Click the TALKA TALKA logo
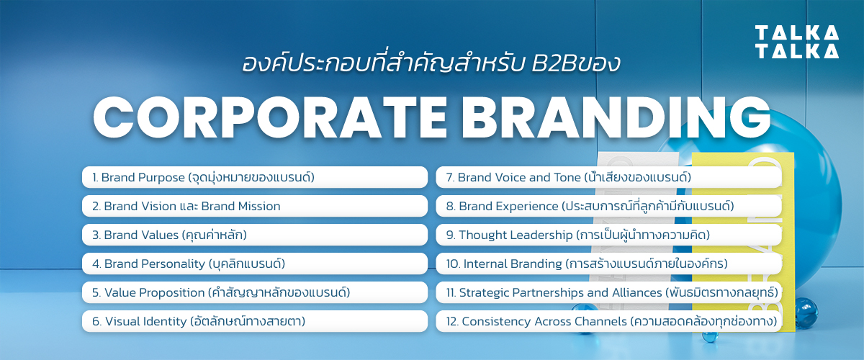[x=797, y=42]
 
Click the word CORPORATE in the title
[x=270, y=117]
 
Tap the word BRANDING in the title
[x=616, y=117]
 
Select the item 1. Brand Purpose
[x=255, y=177]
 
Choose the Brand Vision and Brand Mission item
[x=255, y=206]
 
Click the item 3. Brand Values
[x=255, y=235]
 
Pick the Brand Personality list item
[x=255, y=264]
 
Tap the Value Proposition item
[x=255, y=292]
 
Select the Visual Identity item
[x=255, y=321]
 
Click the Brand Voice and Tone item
[x=609, y=177]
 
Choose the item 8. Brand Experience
[x=609, y=206]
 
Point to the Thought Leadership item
[x=609, y=235]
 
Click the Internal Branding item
[x=609, y=264]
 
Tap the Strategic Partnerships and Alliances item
[x=609, y=292]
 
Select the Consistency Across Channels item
[x=609, y=321]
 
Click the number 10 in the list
[x=453, y=264]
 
